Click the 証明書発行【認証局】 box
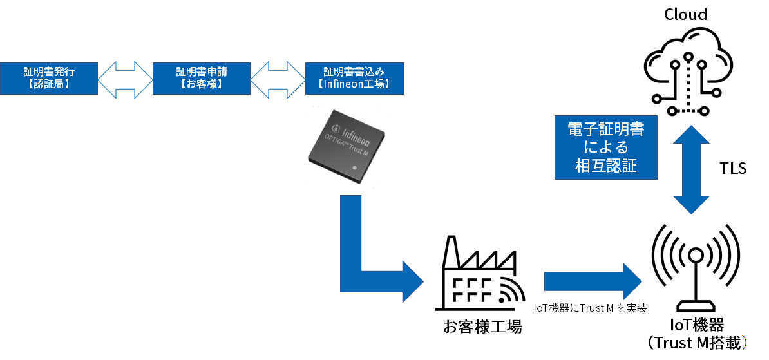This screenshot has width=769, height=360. (x=49, y=79)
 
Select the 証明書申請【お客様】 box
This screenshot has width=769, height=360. (x=202, y=79)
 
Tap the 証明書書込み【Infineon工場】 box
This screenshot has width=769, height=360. (x=355, y=79)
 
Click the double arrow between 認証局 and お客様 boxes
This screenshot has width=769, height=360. (x=126, y=79)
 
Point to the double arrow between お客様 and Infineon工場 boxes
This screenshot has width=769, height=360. (x=278, y=79)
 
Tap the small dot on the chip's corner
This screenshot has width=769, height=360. (x=356, y=167)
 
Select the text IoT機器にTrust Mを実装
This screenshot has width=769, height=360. (x=591, y=308)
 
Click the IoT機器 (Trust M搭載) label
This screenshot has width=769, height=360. (x=696, y=334)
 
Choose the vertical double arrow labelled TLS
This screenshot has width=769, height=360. (x=690, y=170)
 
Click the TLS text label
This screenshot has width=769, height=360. (x=733, y=169)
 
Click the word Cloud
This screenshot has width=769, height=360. (x=686, y=14)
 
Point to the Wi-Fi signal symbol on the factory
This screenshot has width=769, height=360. (x=509, y=291)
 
